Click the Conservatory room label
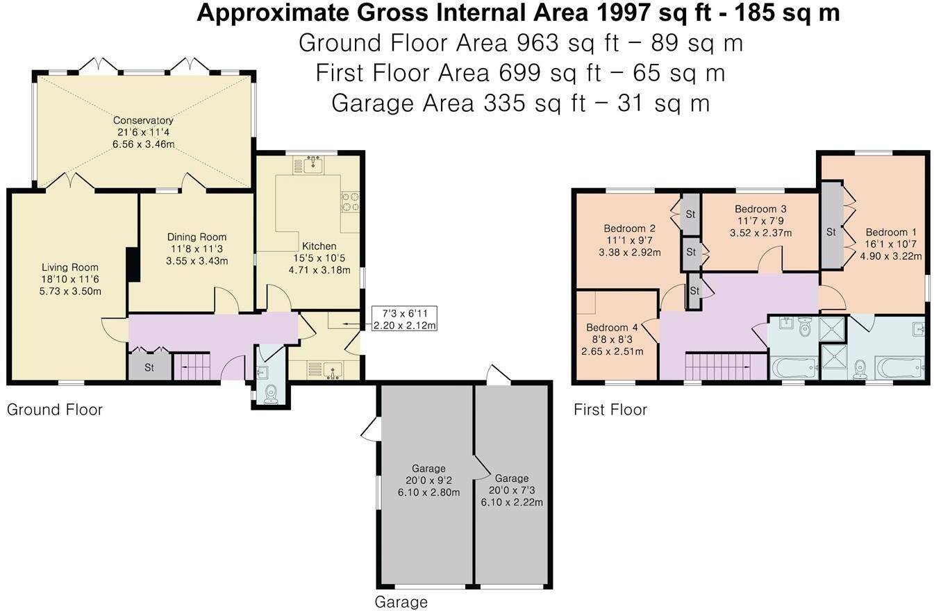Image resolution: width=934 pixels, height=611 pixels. pyautogui.click(x=143, y=120)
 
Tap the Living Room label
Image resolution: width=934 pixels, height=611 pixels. pyautogui.click(x=70, y=267)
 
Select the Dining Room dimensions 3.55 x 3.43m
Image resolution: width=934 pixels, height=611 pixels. pyautogui.click(x=197, y=261)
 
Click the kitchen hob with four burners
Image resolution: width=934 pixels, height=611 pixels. pyautogui.click(x=350, y=202)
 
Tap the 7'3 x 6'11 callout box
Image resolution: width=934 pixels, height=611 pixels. pyautogui.click(x=404, y=319)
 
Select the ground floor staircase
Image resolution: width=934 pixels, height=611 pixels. pyautogui.click(x=192, y=367)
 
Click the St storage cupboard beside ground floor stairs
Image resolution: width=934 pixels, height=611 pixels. pyautogui.click(x=149, y=367)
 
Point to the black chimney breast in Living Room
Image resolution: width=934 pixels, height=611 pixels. pyautogui.click(x=133, y=265)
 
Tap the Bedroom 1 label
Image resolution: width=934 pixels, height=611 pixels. pyautogui.click(x=887, y=233)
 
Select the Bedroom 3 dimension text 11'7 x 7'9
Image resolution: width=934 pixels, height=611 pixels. pyautogui.click(x=760, y=221)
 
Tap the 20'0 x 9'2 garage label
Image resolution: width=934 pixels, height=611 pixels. pyautogui.click(x=428, y=480)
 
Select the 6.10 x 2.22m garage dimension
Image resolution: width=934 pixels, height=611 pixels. pyautogui.click(x=512, y=502)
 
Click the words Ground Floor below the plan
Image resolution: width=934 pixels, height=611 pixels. pyautogui.click(x=55, y=410)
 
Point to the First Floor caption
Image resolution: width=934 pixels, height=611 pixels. pyautogui.click(x=610, y=410)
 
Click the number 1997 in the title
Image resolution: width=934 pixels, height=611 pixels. pyautogui.click(x=622, y=13)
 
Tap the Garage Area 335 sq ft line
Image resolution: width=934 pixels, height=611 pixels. pyautogui.click(x=520, y=103)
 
